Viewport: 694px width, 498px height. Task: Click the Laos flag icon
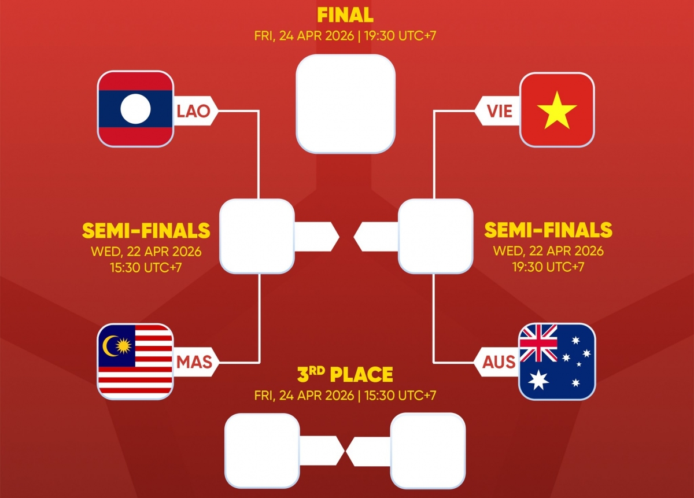pos(135,109)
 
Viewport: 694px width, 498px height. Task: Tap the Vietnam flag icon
pos(557,109)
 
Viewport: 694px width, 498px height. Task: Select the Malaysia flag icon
pos(135,361)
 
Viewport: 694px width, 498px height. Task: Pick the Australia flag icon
pos(557,361)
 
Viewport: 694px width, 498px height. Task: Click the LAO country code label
pos(194,110)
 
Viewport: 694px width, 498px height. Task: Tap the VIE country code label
pos(499,110)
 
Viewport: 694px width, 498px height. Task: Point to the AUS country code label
pos(499,362)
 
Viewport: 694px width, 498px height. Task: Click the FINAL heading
pos(345,14)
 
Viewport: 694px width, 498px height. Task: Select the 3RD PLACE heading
pos(345,375)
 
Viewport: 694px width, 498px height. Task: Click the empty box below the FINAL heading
pos(345,104)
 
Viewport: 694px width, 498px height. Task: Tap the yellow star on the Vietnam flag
pos(557,109)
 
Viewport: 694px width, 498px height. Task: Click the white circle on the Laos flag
pos(135,109)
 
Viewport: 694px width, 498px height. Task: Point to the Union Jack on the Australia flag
pos(538,342)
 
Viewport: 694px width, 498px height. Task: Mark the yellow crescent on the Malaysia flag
pos(110,346)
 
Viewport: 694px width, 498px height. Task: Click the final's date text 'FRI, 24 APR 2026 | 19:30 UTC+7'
pos(345,35)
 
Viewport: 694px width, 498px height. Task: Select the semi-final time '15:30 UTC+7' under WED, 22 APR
pos(146,268)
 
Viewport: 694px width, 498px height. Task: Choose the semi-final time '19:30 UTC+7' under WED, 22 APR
pos(548,268)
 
